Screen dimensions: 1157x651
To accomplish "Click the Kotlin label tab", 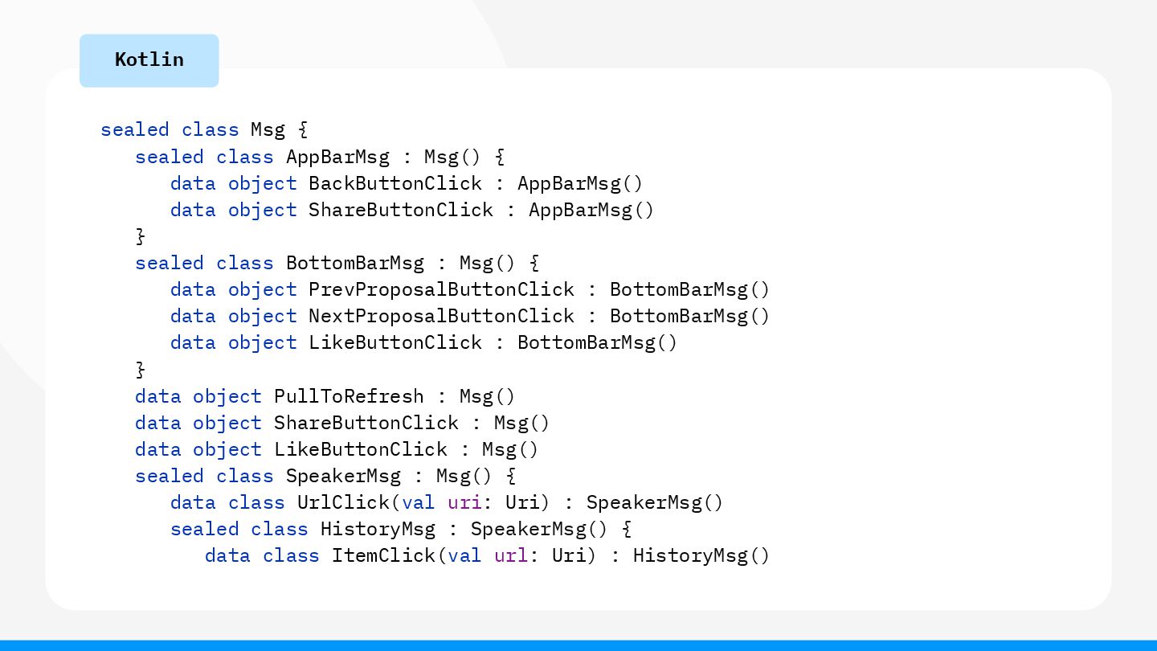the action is point(149,60).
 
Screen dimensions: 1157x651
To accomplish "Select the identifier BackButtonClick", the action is point(395,183).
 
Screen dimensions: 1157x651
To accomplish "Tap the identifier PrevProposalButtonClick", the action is point(441,289).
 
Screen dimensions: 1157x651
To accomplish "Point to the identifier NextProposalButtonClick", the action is point(441,316).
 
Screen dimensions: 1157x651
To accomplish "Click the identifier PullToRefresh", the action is point(349,396).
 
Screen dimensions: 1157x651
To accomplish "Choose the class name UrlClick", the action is point(343,502).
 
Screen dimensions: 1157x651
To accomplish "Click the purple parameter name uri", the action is point(464,502).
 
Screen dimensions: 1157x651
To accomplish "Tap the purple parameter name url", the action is point(510,555).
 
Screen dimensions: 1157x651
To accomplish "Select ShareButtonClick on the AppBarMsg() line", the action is point(401,210).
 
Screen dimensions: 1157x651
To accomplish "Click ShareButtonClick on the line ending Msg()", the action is point(366,423).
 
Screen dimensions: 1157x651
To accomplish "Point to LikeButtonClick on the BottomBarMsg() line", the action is point(395,342).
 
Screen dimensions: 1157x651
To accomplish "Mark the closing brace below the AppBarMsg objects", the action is point(141,236).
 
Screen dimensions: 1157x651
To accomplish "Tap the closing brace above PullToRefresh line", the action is point(141,369).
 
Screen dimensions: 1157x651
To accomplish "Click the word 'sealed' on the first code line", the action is point(135,130).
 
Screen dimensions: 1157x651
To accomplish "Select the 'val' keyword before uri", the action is point(418,502).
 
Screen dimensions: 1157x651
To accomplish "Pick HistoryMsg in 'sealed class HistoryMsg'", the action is point(378,529).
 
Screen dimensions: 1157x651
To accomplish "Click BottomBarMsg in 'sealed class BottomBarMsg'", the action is point(354,263).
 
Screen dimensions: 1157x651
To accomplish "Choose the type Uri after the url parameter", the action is point(568,555).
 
